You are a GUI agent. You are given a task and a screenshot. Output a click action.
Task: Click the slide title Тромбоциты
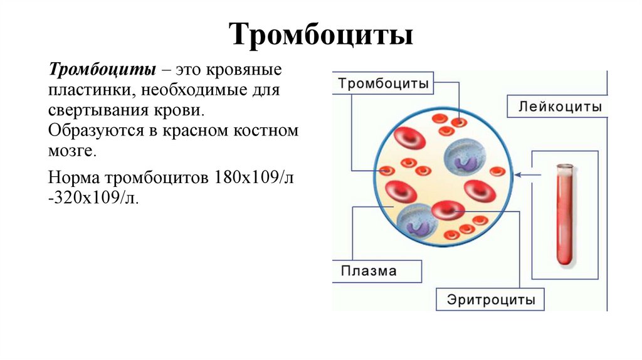tap(320, 34)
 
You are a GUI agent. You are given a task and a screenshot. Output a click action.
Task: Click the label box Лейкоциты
tap(560, 106)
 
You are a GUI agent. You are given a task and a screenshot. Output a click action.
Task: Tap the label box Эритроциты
tap(491, 300)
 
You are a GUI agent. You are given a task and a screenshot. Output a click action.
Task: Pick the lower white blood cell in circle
tap(414, 221)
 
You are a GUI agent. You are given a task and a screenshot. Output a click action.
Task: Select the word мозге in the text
tap(73, 152)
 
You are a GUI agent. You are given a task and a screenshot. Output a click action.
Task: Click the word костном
tap(266, 132)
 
